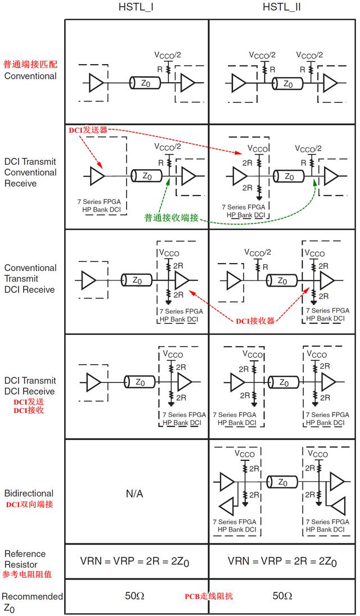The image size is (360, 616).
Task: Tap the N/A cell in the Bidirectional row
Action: (137, 493)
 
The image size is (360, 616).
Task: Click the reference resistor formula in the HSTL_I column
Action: (137, 561)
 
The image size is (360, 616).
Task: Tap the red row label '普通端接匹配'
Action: (30, 65)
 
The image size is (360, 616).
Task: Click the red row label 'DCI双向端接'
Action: (30, 504)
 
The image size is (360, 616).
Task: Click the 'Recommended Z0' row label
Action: (31, 602)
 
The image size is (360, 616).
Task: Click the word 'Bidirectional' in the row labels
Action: (30, 493)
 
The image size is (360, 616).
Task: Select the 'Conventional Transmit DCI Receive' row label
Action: (30, 279)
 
